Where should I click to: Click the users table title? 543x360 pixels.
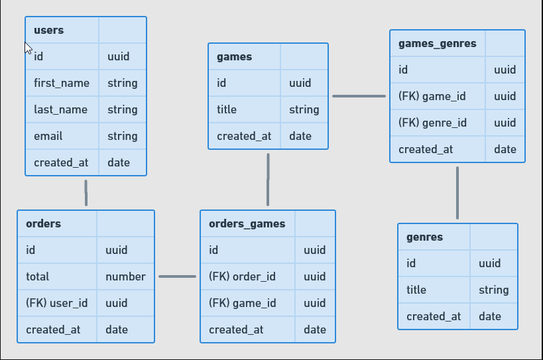48,30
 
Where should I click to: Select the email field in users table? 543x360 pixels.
48,136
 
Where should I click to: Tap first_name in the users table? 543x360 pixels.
61,83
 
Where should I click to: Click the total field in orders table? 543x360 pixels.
38,276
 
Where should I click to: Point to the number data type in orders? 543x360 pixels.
125,276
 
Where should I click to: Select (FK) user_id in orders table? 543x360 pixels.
56,303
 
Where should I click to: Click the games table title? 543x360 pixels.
234,57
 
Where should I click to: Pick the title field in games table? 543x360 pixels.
227,109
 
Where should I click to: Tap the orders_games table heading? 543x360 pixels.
247,224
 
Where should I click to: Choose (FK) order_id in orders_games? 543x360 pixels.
242,276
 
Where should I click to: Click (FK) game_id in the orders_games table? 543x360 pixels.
242,303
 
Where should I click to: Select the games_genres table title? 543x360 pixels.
437,44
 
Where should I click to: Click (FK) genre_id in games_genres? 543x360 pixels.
432,123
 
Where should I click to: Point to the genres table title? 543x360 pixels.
424,237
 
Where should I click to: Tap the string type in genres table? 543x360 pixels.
493,290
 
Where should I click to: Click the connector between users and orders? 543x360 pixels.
86,193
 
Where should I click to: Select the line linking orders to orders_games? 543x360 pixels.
177,276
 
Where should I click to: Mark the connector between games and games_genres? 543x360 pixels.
359,96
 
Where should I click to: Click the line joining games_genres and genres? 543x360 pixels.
457,192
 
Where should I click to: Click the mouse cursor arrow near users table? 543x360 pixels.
28,48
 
